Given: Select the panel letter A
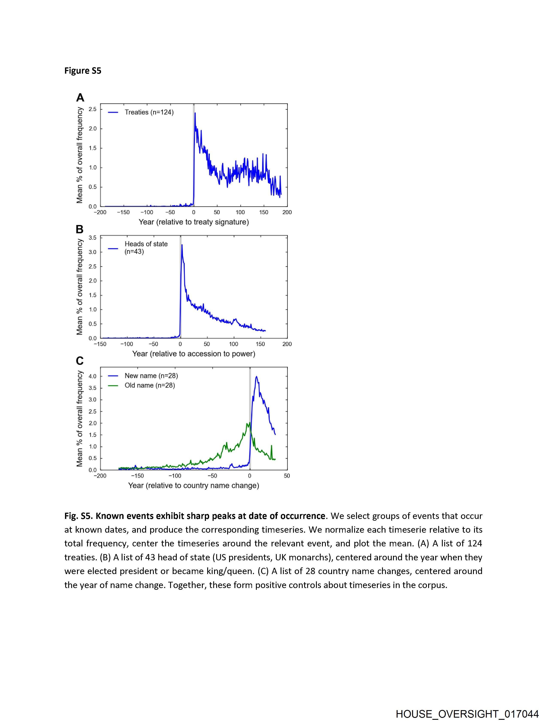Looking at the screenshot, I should click(80, 97).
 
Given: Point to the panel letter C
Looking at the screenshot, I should click(80, 361).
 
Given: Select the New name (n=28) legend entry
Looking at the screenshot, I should click(151, 376).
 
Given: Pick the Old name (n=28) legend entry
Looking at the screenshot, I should click(150, 385).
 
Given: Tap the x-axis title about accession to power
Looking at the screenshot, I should click(194, 354).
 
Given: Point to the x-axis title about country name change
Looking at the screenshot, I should click(194, 485).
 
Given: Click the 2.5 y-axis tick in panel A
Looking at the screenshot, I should click(93, 109).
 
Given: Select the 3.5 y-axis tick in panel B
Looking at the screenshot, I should click(93, 238).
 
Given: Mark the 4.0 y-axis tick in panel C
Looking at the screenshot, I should click(93, 376).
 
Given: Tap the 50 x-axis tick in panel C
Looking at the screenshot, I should click(287, 476).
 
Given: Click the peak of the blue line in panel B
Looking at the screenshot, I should click(182, 245).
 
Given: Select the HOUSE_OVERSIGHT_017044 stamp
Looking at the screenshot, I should click(467, 714).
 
